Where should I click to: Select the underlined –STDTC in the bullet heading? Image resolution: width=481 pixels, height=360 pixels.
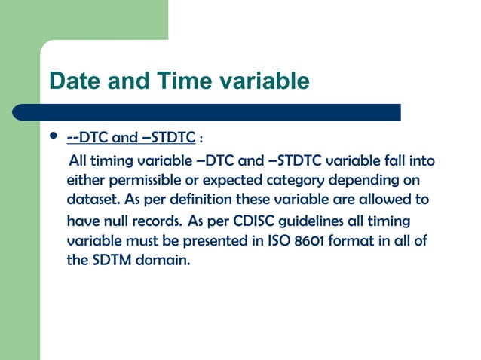click(x=169, y=139)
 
